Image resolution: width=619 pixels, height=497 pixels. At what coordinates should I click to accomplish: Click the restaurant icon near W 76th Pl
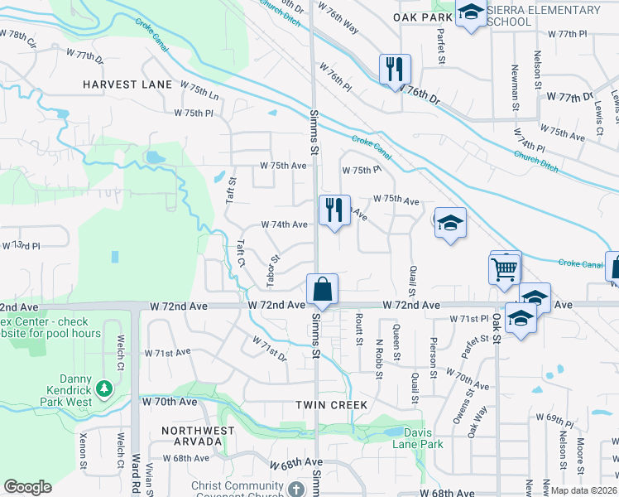tap(395, 69)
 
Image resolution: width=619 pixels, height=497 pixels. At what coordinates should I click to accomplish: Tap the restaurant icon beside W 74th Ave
tap(333, 209)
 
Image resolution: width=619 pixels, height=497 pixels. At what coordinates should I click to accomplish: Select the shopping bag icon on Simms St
tap(322, 289)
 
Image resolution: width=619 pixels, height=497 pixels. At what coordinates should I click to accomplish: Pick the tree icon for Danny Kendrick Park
tap(103, 388)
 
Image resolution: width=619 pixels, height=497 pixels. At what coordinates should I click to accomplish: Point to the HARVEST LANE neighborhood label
tap(127, 84)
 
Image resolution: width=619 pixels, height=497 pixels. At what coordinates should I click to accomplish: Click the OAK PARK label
tap(422, 17)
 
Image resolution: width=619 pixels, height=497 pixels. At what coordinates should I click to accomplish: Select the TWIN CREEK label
tap(331, 404)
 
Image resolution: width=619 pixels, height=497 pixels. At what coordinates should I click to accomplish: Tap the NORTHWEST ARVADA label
tap(198, 437)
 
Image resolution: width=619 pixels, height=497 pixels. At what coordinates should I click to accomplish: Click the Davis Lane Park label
tap(423, 438)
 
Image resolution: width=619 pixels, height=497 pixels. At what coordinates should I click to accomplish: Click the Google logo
tap(27, 487)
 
